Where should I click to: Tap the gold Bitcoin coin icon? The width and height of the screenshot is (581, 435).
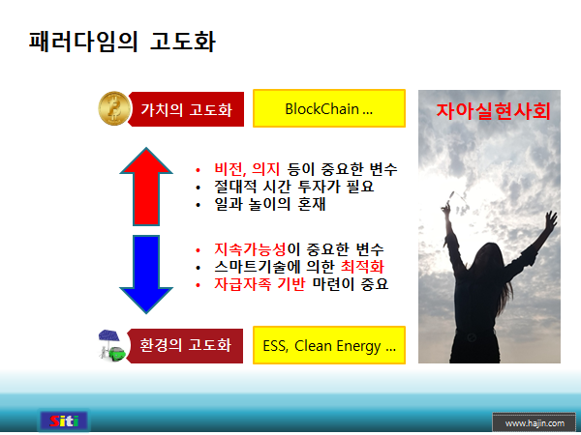(114, 109)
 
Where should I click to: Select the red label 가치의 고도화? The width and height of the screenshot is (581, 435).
(186, 109)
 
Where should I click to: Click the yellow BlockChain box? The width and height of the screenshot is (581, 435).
(328, 109)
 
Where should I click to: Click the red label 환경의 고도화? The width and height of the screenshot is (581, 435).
(185, 345)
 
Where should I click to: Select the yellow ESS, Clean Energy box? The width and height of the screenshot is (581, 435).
(328, 345)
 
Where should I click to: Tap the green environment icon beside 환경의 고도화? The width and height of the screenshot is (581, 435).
(112, 345)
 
